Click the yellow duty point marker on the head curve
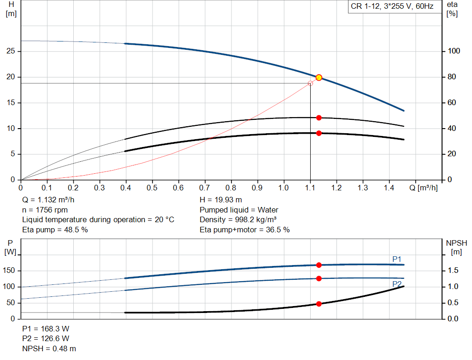pos(319,77)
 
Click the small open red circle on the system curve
pos(310,83)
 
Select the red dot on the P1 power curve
pos(319,265)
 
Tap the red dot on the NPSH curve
pos(319,304)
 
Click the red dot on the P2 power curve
pos(319,278)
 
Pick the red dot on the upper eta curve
pos(319,118)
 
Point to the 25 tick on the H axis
pos(11,51)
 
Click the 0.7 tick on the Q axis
pos(205,188)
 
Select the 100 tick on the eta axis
pos(454,51)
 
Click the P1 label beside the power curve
pos(397,260)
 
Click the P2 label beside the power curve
pos(397,284)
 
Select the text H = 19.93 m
pos(221,200)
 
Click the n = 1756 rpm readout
pos(45,210)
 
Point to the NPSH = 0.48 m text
pos(49,348)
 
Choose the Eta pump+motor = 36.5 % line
pos(245,230)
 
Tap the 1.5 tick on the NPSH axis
pos(454,271)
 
